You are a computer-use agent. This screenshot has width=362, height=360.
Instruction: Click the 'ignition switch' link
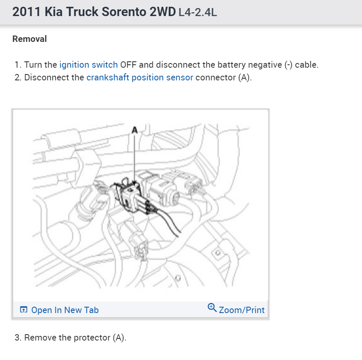(88, 65)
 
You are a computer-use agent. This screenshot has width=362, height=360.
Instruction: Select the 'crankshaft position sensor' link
(140, 77)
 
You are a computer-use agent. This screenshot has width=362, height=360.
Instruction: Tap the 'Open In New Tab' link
(65, 310)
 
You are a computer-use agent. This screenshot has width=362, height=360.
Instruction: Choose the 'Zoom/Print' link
(241, 310)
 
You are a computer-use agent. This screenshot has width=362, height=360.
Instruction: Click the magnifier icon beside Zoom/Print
(212, 308)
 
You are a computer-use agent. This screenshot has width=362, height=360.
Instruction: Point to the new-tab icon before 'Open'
(24, 310)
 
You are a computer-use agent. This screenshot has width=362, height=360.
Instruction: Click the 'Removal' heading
(30, 39)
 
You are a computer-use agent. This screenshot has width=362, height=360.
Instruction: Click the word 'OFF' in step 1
(129, 65)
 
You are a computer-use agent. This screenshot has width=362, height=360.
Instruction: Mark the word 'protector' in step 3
(92, 338)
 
